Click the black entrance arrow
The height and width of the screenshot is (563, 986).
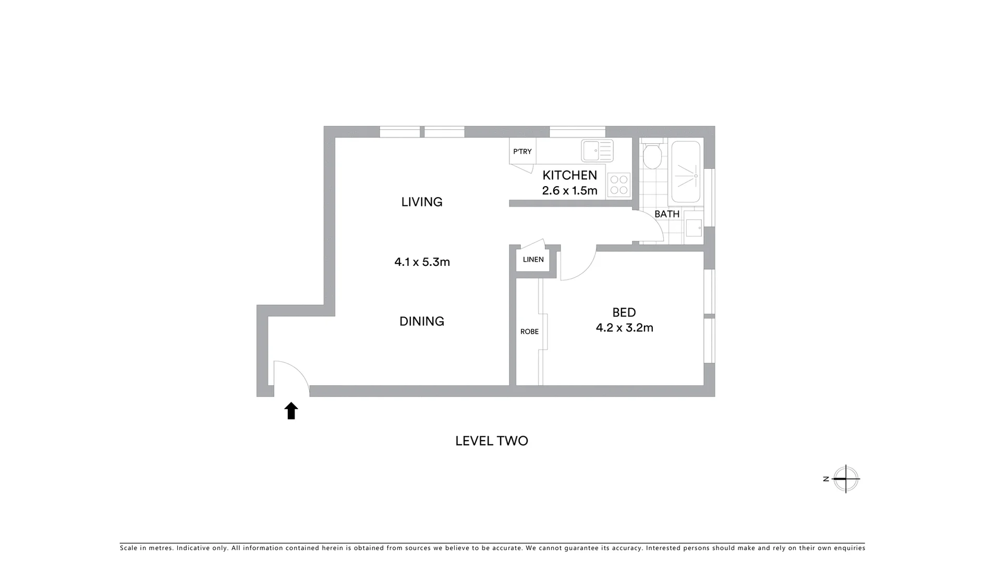291,411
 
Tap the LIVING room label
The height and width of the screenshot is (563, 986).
421,202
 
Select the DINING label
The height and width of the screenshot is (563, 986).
421,321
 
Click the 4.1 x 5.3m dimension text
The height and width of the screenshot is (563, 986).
421,262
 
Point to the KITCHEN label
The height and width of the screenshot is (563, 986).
569,175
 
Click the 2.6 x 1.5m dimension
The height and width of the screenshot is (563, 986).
569,190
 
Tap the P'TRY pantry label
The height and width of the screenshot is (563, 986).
522,152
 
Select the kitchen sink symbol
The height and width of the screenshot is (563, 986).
597,151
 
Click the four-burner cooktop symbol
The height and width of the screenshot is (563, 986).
618,185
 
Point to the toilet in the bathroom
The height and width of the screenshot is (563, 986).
652,155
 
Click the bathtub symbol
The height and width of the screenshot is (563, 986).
685,172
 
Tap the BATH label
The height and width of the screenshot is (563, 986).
666,214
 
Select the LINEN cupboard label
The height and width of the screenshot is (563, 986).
533,260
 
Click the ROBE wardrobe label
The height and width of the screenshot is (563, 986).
529,332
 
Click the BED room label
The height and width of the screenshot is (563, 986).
624,312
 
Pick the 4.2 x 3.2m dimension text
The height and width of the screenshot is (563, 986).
624,327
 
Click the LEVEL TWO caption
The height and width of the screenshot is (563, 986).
491,441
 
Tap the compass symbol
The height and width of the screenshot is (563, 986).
845,479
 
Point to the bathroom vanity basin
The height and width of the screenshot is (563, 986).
693,227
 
